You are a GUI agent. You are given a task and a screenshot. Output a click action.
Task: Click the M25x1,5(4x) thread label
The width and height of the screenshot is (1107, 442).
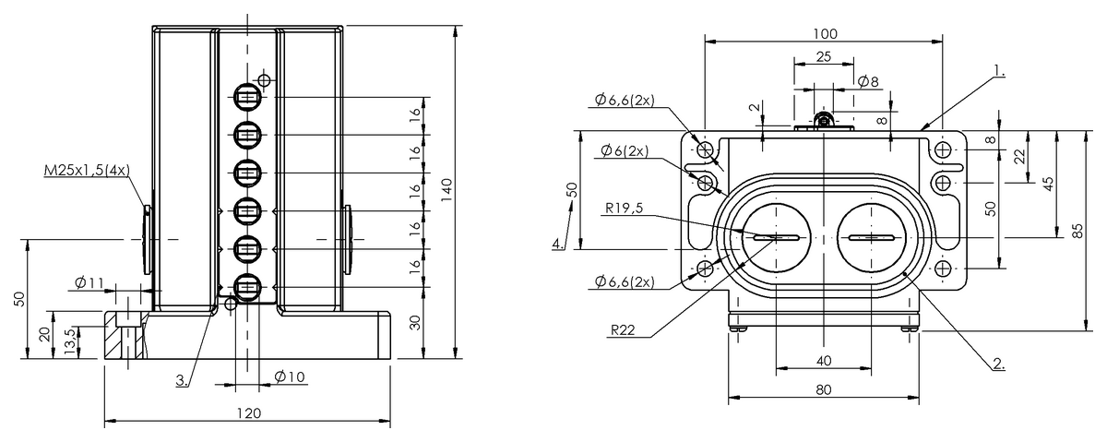(87, 171)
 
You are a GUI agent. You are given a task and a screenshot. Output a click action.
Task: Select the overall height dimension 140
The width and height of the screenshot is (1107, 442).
(446, 190)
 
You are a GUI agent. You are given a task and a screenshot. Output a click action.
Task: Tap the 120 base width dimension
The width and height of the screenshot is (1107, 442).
(248, 413)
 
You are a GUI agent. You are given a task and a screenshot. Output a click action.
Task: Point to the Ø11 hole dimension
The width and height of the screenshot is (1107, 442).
(89, 282)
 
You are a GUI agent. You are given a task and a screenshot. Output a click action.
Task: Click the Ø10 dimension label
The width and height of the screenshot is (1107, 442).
(290, 377)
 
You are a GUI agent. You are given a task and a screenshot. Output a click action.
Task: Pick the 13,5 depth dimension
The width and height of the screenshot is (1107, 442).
(71, 340)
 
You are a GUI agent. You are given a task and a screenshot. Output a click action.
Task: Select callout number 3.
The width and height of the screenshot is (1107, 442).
(182, 380)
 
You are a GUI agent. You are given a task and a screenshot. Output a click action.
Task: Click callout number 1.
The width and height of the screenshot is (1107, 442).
(999, 71)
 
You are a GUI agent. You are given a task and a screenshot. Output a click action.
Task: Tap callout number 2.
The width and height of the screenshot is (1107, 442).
(999, 364)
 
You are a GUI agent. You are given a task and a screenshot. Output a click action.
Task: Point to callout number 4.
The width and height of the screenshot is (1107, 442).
(558, 244)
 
